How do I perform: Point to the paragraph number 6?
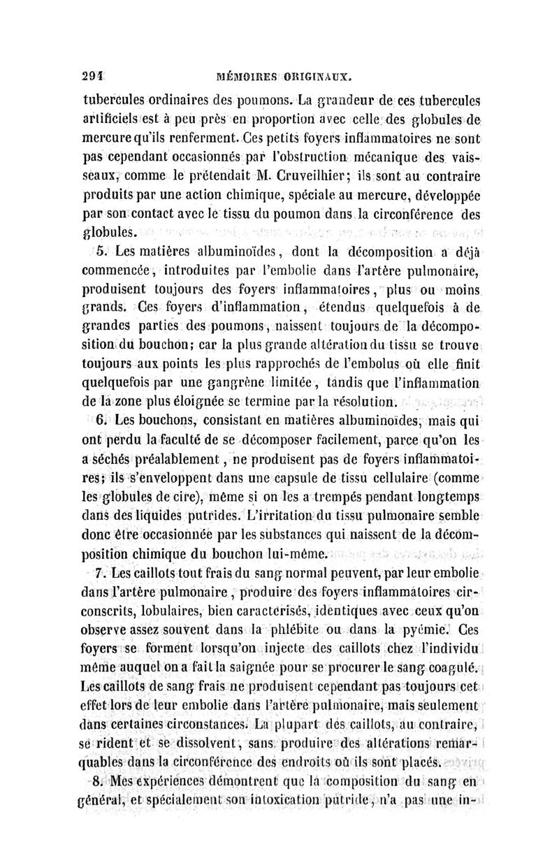coord(100,421)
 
